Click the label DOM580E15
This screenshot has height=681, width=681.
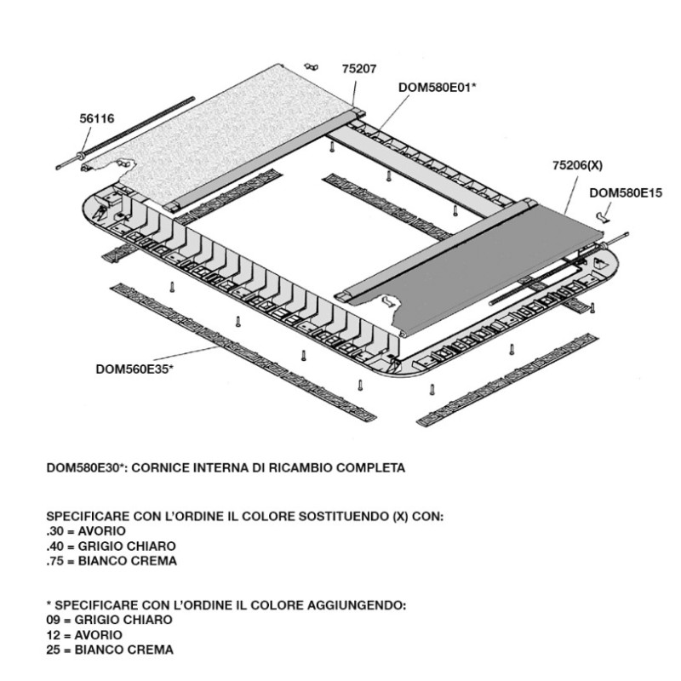point(626,193)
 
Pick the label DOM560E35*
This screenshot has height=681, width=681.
point(134,368)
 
